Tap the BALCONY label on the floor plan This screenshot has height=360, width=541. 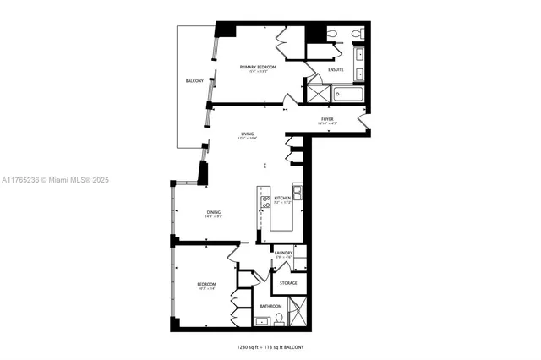[194, 80]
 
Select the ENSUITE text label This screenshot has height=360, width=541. [336, 70]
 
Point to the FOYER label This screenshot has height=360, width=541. [326, 119]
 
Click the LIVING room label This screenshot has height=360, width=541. [247, 134]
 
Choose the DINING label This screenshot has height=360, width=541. [213, 212]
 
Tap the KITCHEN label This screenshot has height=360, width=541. [282, 199]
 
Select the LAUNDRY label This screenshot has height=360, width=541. [283, 252]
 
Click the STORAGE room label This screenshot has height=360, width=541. [288, 282]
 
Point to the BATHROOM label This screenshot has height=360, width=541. [270, 306]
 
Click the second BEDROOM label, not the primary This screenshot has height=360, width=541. [207, 284]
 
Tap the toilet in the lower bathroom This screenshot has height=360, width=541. [279, 319]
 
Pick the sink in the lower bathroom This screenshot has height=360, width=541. [261, 321]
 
